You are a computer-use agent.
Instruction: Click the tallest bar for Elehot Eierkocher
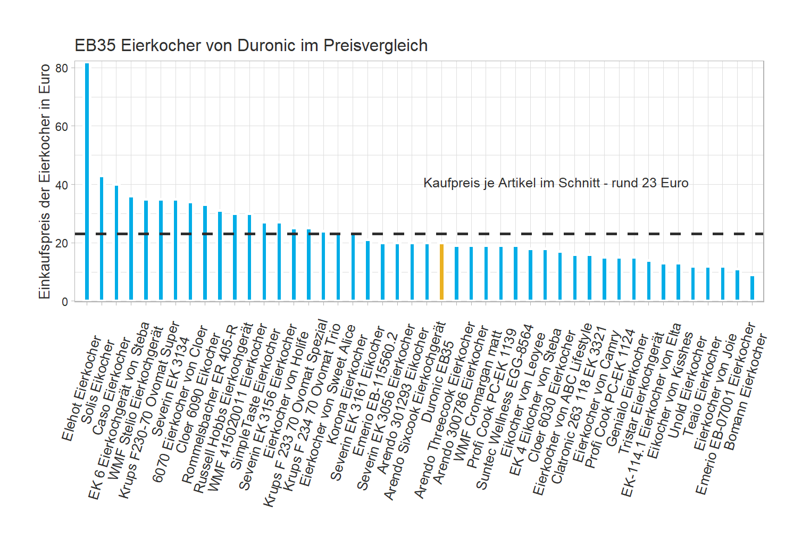tap(87, 181)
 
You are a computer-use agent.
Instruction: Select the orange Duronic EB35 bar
tap(441, 272)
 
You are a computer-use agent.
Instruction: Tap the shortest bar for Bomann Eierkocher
tap(752, 288)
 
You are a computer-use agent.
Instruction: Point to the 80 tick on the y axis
tap(62, 68)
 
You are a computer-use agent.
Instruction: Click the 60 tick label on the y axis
tap(62, 127)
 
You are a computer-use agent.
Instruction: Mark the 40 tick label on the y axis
tap(62, 185)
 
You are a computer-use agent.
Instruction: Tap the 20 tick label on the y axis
tap(62, 243)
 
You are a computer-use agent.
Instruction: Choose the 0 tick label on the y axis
tap(65, 302)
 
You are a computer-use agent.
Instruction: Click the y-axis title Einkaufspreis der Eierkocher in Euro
tap(45, 181)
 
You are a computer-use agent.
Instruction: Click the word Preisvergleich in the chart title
tap(375, 46)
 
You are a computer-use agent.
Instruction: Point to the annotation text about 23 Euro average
tap(556, 183)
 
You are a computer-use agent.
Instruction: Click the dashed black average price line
tap(532, 234)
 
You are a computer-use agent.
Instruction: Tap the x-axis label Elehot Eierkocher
tap(81, 388)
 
